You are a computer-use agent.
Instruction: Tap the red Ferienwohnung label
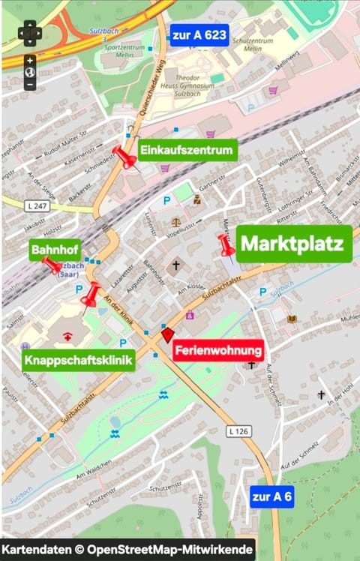(218, 350)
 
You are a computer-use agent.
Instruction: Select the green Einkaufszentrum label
(187, 150)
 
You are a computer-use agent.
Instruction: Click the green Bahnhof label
(55, 249)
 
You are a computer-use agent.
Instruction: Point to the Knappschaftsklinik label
(78, 361)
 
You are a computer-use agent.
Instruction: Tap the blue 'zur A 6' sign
(272, 496)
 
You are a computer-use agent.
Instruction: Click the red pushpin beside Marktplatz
(226, 244)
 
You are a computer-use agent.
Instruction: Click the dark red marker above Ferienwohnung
(167, 335)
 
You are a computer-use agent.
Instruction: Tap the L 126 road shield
(238, 431)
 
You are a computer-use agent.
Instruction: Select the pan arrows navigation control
(30, 33)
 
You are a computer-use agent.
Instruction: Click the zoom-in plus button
(30, 60)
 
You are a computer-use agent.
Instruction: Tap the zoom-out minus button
(30, 85)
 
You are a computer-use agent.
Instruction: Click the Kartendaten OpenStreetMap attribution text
(127, 550)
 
